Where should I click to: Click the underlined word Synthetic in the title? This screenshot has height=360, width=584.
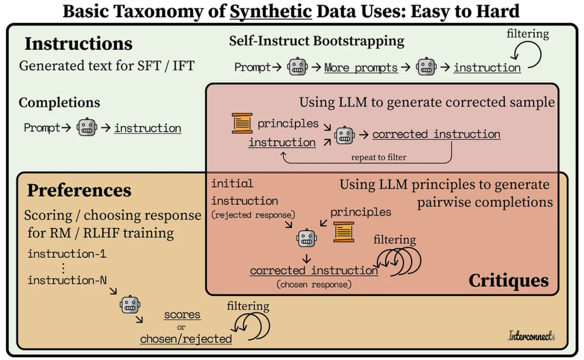pos(271,11)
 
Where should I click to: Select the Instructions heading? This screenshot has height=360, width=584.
pos(79,44)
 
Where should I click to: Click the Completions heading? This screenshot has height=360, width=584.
pos(59,102)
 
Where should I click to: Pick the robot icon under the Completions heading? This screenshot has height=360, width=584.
pos(87,127)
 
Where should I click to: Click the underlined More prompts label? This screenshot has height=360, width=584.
pos(361,67)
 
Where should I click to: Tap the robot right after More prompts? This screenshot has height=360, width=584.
pos(426,67)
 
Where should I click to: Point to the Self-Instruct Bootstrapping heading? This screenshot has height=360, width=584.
pos(317,41)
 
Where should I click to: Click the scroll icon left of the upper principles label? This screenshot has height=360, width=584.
pos(242,123)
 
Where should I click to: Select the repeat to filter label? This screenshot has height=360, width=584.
pos(378,157)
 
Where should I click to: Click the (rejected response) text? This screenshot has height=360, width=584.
pos(253,214)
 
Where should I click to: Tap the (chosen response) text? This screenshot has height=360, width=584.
pos(314,285)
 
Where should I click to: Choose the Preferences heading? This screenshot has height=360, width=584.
pos(79,190)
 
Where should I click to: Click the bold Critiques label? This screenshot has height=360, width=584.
pos(509,281)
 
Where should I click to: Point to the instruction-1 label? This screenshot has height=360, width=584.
pos(67,254)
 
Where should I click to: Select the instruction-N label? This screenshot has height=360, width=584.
pos(67,280)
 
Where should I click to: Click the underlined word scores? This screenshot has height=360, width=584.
pos(182,314)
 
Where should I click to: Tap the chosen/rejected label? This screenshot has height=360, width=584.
pos(186,339)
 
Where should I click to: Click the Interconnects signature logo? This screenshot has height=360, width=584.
pos(531,336)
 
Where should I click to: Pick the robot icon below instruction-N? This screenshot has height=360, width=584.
pos(130,304)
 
